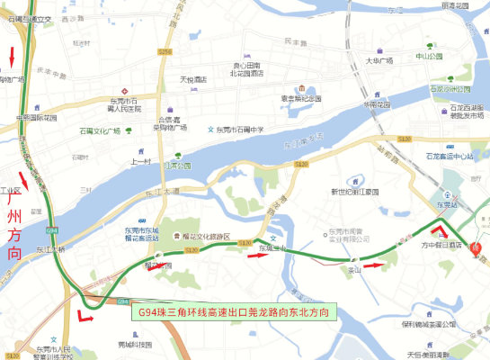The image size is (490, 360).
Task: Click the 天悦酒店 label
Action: pos(192,79)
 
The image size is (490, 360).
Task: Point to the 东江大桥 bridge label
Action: pos(50,248)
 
